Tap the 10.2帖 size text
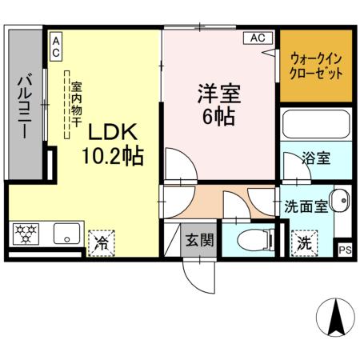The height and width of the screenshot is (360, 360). (112, 155)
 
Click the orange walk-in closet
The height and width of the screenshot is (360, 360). (316, 66)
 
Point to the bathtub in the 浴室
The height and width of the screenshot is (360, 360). (316, 125)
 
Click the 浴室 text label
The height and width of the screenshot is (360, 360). (316, 158)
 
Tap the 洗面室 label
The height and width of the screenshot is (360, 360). (305, 205)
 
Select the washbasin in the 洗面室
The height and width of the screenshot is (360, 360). (341, 200)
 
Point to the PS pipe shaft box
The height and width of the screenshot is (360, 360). (346, 250)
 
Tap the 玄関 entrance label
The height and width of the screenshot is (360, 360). (198, 239)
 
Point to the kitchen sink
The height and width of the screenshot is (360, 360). (65, 235)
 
